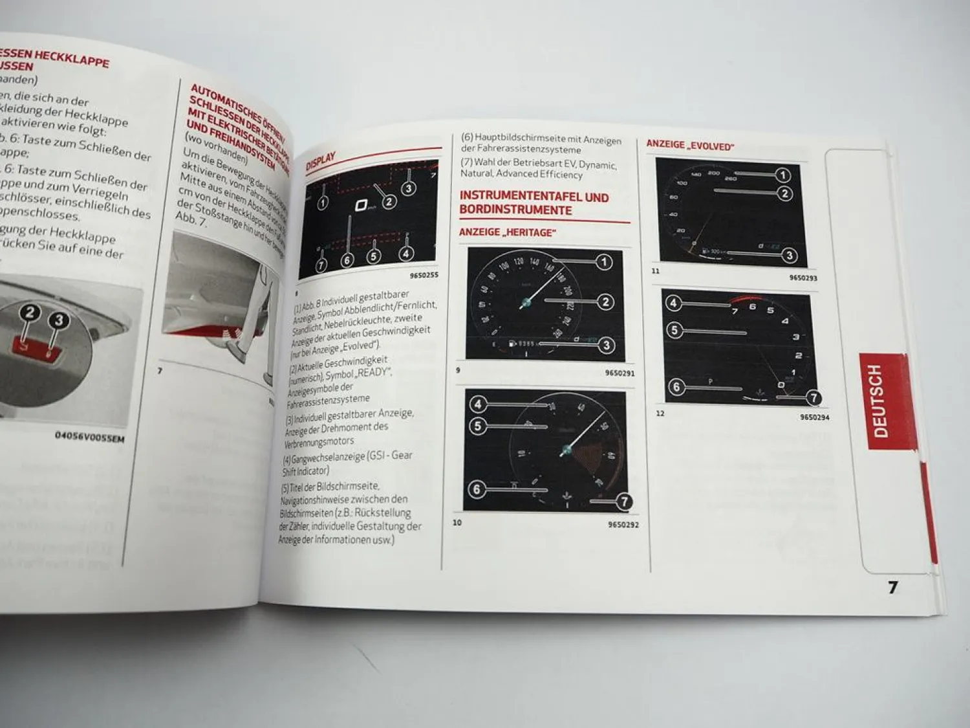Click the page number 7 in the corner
click(x=893, y=587)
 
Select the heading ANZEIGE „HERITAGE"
click(x=508, y=232)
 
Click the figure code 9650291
click(x=620, y=373)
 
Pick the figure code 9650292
click(x=623, y=524)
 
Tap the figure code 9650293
click(x=803, y=278)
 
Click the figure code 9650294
click(x=814, y=417)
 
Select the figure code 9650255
click(x=424, y=275)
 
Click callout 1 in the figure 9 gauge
click(x=603, y=262)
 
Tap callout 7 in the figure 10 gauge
click(x=623, y=502)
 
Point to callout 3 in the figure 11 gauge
click(x=789, y=256)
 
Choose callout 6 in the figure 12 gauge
click(x=676, y=387)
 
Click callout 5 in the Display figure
click(x=373, y=256)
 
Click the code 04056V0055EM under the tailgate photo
click(x=89, y=437)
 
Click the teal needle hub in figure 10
click(x=567, y=450)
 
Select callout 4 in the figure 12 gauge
click(x=673, y=303)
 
